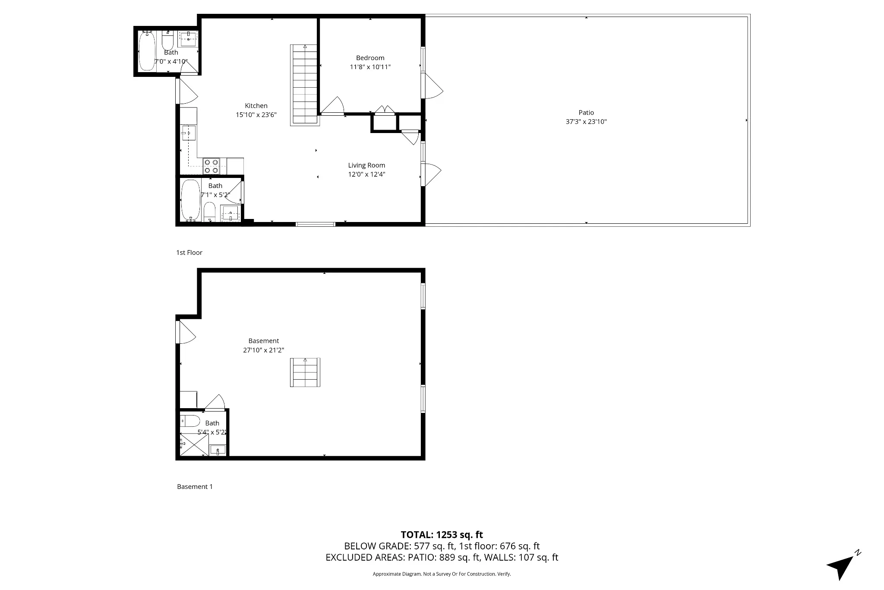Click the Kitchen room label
pos(256,106)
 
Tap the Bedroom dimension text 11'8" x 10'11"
pos(370,67)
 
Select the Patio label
pos(586,113)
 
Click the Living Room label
pos(366,165)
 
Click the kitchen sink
pos(189,133)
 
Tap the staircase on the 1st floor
pos(305,85)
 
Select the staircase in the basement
pos(305,372)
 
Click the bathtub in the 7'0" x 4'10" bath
pos(147,51)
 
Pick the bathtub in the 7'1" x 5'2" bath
pos(190,200)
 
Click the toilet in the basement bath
pos(190,421)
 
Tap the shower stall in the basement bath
pos(194,444)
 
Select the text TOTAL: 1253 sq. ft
pos(442,535)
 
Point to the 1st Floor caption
pos(189,253)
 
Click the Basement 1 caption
pos(195,487)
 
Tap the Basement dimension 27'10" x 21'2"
pos(263,350)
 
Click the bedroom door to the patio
pos(432,86)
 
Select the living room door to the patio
pos(431,174)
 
